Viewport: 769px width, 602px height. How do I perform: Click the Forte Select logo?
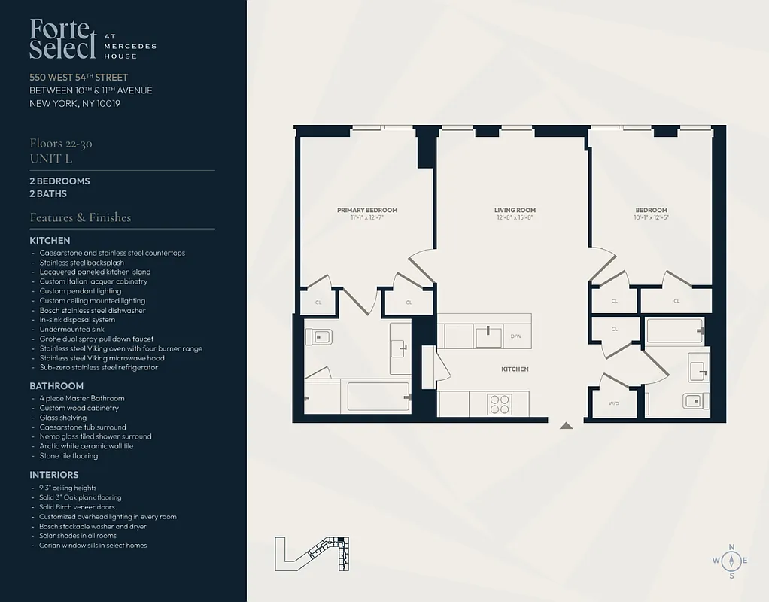tap(64, 39)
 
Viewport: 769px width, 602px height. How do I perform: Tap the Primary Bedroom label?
tap(366, 210)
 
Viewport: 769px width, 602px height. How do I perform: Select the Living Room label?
tap(515, 210)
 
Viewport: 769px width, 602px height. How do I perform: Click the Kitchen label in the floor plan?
tap(515, 369)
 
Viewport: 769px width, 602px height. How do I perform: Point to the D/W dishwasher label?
tap(516, 336)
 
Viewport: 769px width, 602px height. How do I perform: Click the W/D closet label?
tap(614, 403)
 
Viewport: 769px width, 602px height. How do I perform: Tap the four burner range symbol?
tap(499, 404)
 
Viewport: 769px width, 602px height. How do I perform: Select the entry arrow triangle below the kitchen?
tap(566, 426)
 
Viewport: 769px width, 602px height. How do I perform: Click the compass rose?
tap(731, 561)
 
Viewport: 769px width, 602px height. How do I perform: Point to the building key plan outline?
tap(313, 554)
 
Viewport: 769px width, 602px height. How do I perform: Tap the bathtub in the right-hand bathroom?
tap(674, 330)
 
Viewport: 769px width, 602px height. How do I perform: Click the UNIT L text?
tap(50, 158)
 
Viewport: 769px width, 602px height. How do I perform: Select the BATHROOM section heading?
tap(56, 386)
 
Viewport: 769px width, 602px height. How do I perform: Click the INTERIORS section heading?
tap(54, 475)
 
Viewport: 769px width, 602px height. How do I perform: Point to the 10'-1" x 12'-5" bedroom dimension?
tap(651, 218)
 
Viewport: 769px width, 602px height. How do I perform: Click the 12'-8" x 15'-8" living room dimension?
tap(515, 218)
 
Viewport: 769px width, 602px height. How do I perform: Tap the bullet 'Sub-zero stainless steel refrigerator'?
tap(99, 367)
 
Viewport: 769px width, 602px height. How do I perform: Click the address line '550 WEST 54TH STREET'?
tap(79, 77)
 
